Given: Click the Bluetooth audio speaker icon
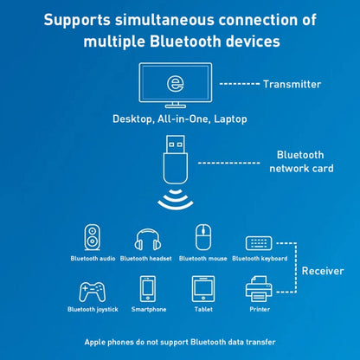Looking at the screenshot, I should tap(92, 238).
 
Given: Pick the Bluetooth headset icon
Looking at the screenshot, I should tap(146, 239).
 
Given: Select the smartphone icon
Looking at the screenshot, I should tap(148, 289).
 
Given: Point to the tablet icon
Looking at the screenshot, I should tap(202, 289).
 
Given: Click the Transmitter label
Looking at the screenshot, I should tap(292, 84).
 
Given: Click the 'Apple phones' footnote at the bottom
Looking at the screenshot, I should tap(180, 342).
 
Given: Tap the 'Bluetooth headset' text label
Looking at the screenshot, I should tap(146, 258).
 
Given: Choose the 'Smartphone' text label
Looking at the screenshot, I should tap(148, 309).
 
